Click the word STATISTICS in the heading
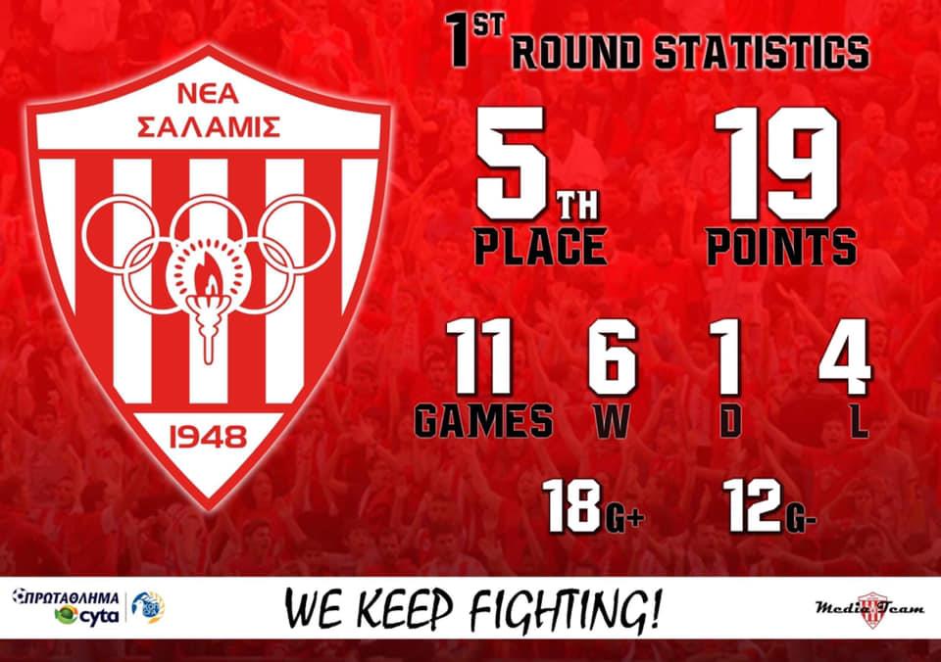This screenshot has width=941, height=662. coord(762,52)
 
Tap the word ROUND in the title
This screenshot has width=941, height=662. coord(576,52)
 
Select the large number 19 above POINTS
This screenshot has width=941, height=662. coord(776,164)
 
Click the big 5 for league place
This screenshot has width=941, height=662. coord(511,164)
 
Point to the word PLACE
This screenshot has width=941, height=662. coord(540,246)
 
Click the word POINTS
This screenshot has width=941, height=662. coord(781,246)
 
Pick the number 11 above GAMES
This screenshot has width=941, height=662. coord(479,356)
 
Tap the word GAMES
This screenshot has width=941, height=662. coord(483,420)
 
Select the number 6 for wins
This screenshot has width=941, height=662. coord(612,356)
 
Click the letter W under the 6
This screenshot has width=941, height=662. coord(612,420)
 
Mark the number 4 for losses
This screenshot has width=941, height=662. coord(845,356)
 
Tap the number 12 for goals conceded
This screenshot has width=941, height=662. coord(754,505)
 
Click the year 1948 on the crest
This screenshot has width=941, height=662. coord(208,437)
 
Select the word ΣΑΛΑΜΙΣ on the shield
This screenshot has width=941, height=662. coord(208,126)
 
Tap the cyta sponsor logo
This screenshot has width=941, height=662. coord(87,615)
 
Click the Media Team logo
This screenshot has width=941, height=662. coord(869,609)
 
